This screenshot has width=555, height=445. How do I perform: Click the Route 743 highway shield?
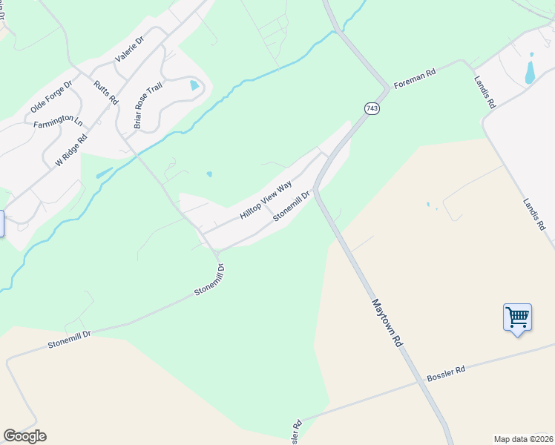pos(372,108)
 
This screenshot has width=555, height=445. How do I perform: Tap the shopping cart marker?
pos(517,317)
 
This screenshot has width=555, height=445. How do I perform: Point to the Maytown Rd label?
pos(387,325)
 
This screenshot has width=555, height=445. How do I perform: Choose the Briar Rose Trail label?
pos(147,105)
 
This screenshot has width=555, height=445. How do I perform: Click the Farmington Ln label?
pos(57,120)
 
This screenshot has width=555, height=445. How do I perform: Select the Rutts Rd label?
pos(105,92)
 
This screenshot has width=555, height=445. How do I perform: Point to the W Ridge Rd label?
pos(71,150)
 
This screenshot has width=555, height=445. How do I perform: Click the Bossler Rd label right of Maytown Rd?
pos(445,374)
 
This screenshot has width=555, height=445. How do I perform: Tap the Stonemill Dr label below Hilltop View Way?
pos(291,207)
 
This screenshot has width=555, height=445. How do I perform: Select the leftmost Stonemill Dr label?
pos(69,340)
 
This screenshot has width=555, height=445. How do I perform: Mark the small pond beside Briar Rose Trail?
pos(194,85)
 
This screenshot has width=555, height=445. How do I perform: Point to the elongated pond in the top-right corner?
pos(530,68)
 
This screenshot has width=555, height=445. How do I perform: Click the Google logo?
pos(24,436)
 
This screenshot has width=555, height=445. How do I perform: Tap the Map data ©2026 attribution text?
pos(522,438)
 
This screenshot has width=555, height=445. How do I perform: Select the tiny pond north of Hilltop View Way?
pos(209,175)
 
